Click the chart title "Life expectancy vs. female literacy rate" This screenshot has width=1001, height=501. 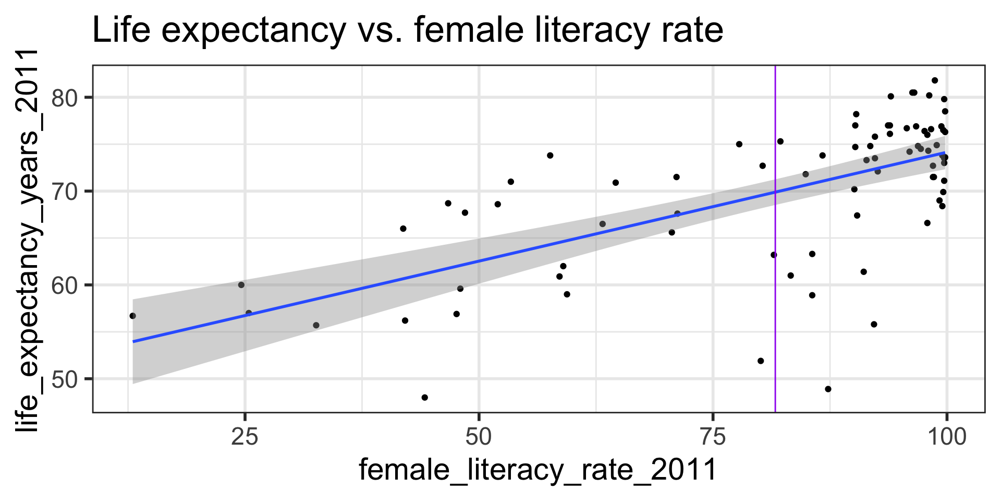tap(407, 30)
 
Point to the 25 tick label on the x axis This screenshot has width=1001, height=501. tap(245, 437)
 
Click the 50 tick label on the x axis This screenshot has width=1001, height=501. tap(479, 437)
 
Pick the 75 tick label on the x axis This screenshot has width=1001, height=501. tap(713, 437)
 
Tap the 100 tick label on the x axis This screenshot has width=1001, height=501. tap(946, 437)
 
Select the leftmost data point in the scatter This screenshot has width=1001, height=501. tap(132, 316)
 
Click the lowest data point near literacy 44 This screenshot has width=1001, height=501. tap(424, 398)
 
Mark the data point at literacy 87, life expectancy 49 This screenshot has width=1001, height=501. tap(828, 389)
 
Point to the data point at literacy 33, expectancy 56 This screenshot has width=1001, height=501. tap(316, 325)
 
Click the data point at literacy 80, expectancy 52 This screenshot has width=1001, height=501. tap(761, 361)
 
